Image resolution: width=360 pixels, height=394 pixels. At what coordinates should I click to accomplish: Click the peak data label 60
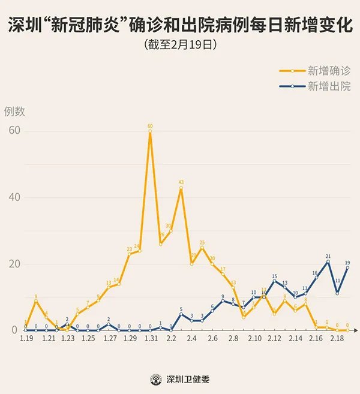[150, 126]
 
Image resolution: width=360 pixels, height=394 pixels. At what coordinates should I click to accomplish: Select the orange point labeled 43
[181, 188]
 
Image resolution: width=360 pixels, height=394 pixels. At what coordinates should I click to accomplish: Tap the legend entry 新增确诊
[329, 70]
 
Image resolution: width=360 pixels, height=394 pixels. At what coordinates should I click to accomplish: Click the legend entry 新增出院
[329, 86]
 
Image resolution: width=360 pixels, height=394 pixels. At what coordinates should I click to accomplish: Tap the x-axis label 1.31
[151, 339]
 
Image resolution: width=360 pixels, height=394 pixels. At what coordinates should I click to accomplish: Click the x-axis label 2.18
[337, 339]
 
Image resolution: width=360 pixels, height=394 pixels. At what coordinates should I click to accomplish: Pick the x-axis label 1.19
[26, 339]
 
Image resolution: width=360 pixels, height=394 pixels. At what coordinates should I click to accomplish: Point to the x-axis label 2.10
[254, 339]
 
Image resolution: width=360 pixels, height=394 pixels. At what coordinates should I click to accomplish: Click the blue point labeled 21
[328, 261]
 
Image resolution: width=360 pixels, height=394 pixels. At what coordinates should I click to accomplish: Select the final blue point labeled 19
[348, 267]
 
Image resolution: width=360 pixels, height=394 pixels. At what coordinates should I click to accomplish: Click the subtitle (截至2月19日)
[180, 44]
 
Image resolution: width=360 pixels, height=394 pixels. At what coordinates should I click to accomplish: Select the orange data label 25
[202, 243]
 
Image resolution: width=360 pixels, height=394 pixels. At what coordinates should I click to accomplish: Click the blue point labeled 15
[275, 281]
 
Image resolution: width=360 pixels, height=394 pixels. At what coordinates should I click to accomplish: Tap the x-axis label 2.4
[192, 339]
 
